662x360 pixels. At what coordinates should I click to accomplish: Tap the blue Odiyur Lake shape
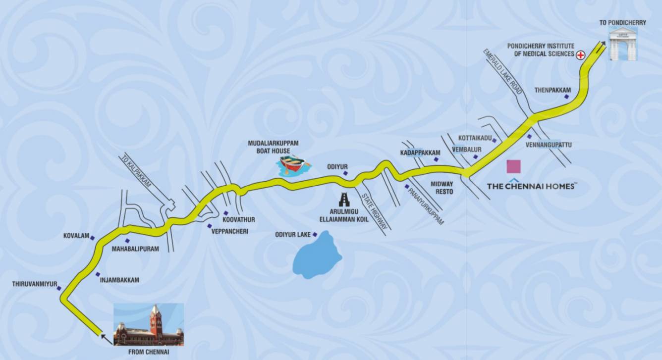click(x=317, y=256)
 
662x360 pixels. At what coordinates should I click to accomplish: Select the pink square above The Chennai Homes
click(x=513, y=166)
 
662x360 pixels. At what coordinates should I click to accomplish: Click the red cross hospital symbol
click(x=580, y=55)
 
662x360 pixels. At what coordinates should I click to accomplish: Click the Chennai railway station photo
click(x=149, y=324)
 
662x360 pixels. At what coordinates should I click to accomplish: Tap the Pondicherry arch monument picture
click(x=623, y=44)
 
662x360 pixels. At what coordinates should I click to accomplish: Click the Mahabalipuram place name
click(x=135, y=249)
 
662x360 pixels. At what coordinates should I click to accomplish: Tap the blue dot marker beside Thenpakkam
click(x=566, y=97)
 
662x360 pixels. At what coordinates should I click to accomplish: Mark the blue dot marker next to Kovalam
click(x=92, y=238)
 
